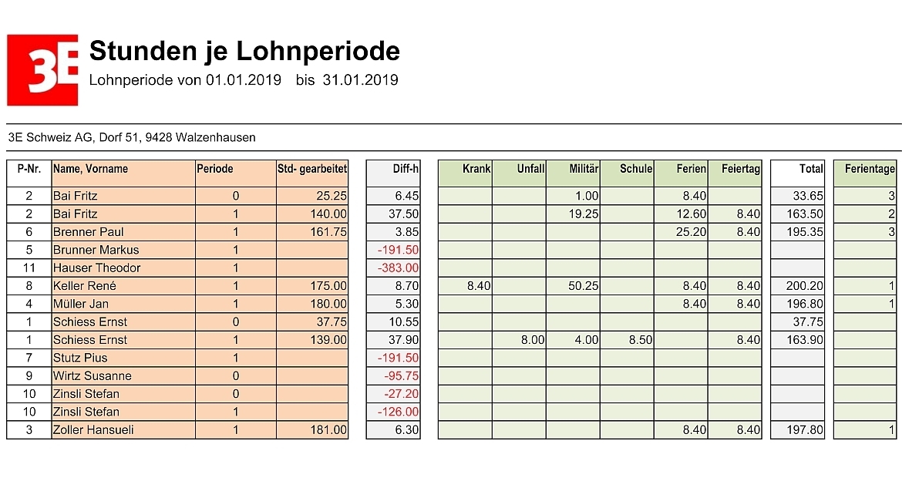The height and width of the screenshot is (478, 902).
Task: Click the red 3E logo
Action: point(42,70)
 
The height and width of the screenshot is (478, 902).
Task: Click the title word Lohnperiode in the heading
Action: point(318,51)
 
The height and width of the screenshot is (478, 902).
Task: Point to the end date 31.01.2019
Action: point(360,80)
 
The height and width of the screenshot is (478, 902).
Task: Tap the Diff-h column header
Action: point(406,169)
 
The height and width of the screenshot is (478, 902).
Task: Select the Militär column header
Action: point(584,169)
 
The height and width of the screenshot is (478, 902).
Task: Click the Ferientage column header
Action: point(870,169)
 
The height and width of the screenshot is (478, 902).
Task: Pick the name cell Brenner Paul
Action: point(88,232)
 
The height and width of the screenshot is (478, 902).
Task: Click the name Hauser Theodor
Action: point(96,268)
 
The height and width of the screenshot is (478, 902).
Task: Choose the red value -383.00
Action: point(398,268)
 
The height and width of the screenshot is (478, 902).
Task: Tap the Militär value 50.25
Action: point(584,286)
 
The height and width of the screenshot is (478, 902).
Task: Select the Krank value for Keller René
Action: point(479,286)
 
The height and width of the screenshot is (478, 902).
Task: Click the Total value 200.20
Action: point(805,286)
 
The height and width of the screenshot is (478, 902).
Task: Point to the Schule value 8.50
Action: point(640,340)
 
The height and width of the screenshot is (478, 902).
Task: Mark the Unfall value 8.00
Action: point(533,340)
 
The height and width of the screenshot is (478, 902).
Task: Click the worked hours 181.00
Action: point(328,429)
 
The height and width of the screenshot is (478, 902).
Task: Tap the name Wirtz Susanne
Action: point(92,376)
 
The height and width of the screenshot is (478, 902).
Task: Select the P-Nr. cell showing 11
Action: point(29,268)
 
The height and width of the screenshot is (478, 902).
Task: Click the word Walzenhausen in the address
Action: point(216,137)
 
